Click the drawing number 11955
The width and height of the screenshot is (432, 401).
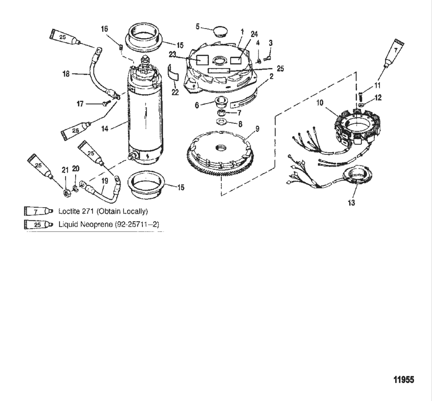pyautogui.click(x=404, y=380)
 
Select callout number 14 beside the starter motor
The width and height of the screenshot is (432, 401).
pyautogui.click(x=105, y=129)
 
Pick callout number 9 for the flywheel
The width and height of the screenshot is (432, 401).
pyautogui.click(x=258, y=129)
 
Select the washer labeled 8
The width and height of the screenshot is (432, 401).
pyautogui.click(x=221, y=124)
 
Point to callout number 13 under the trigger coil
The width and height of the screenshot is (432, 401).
pyautogui.click(x=351, y=203)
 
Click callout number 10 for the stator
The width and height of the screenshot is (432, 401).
pyautogui.click(x=320, y=103)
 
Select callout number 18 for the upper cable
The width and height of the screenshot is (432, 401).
pyautogui.click(x=66, y=74)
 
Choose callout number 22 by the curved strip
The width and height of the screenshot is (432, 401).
pyautogui.click(x=175, y=92)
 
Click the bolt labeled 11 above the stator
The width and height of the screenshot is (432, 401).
pyautogui.click(x=360, y=96)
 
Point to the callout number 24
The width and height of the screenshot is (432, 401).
pyautogui.click(x=254, y=34)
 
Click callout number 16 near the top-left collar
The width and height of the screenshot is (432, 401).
pyautogui.click(x=105, y=29)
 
